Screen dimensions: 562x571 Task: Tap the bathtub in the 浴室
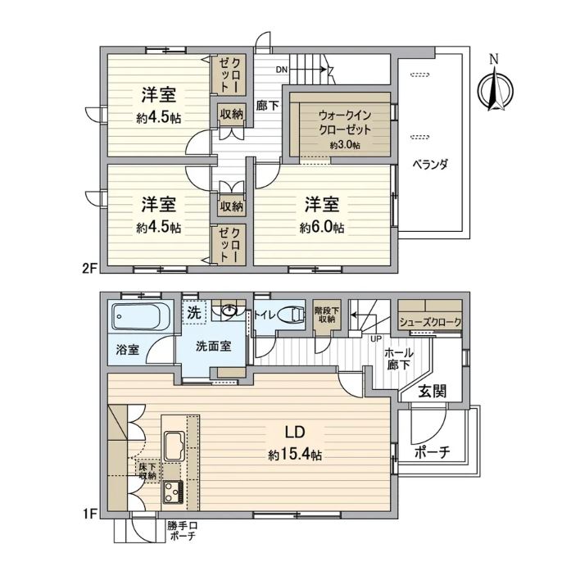pos(138,316)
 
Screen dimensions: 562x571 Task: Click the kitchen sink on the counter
pos(174,446)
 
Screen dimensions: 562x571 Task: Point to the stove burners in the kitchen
pos(173,492)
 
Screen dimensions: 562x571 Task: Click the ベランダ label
pos(430,165)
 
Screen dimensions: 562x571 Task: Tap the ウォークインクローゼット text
pos(345,123)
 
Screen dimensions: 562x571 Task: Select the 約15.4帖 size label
pos(295,455)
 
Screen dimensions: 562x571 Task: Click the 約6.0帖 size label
pos(322,228)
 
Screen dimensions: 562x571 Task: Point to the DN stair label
pos(281,70)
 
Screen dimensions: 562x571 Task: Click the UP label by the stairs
pos(375,338)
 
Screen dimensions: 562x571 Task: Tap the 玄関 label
pos(432,392)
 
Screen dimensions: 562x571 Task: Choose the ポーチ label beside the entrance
pos(433,452)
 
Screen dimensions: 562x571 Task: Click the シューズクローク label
pos(430,322)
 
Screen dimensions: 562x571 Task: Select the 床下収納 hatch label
pos(147,471)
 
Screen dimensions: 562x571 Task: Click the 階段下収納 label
pos(325,315)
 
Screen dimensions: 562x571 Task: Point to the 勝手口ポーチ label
pos(182,531)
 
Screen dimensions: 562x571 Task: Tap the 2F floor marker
pos(89,269)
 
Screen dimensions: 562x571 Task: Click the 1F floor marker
pos(89,514)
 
